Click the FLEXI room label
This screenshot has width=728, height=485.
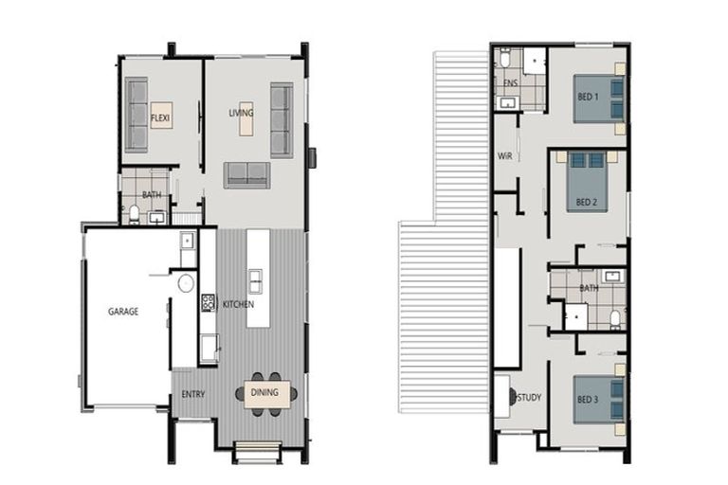pos(160,117)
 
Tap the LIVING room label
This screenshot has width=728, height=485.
pos(242,114)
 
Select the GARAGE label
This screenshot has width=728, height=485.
pos(123,311)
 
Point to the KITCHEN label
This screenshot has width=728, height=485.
pos(238,304)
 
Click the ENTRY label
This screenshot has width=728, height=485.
pos(193,393)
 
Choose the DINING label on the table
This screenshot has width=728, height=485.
pos(264,392)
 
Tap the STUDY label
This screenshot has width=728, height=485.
pos(530,398)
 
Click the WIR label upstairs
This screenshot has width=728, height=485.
pos(504,156)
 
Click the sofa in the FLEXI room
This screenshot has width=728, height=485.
pos(137,115)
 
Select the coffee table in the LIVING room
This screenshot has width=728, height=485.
pos(246,118)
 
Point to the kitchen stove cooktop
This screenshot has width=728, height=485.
pos(209,303)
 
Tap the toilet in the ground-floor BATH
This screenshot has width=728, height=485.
pos(134,212)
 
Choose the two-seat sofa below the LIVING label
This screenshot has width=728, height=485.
pos(246,174)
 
